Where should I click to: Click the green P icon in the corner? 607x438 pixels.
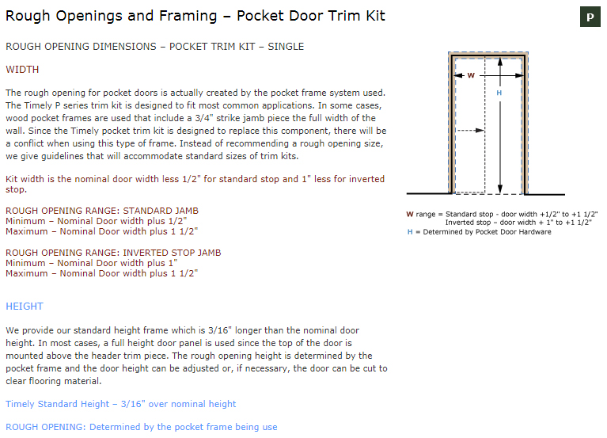[590, 17]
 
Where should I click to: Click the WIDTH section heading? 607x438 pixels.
[22, 70]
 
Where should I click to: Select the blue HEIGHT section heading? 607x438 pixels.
[25, 307]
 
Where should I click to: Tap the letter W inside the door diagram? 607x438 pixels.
[471, 76]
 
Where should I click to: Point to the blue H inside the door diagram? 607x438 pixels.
[499, 93]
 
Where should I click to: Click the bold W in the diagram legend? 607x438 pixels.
[409, 214]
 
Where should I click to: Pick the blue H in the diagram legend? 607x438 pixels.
[410, 232]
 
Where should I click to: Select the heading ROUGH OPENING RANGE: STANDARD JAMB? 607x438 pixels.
[102, 211]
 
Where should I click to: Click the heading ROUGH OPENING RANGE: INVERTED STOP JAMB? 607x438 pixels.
[113, 253]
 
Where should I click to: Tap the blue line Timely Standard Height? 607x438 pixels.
[120, 404]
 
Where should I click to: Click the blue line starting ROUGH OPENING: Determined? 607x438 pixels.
[141, 427]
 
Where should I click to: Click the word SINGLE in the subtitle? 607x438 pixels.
[285, 47]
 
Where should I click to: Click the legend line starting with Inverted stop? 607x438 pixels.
[518, 223]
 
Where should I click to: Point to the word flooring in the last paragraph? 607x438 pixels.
[61, 381]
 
